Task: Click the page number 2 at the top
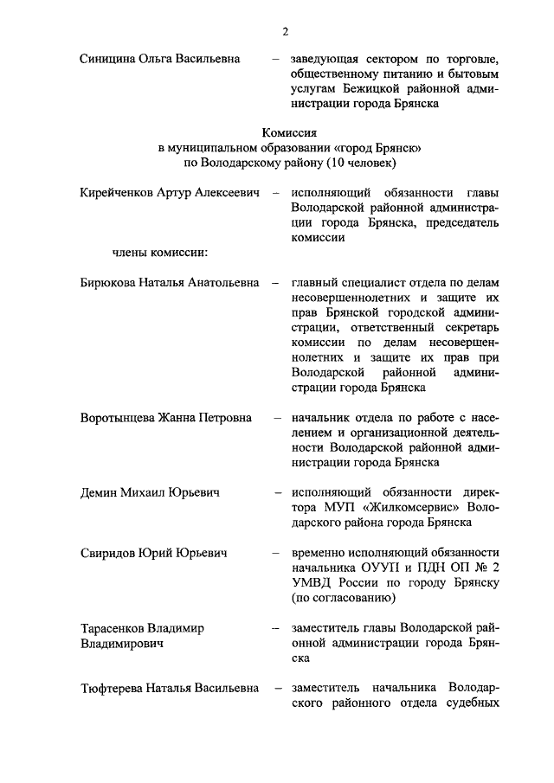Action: pyautogui.click(x=284, y=32)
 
